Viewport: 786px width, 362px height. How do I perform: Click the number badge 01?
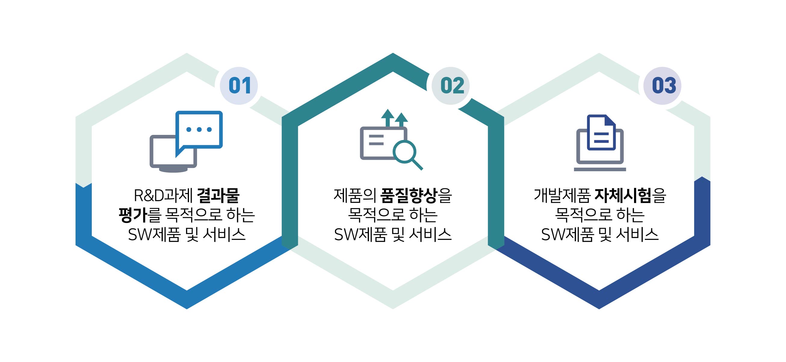click(239, 86)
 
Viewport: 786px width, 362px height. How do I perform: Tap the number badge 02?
click(451, 86)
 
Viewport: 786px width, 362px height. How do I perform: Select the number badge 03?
click(662, 86)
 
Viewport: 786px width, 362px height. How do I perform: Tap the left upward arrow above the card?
click(388, 118)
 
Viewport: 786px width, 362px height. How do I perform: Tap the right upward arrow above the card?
click(401, 120)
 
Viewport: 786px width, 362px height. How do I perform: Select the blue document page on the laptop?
click(601, 132)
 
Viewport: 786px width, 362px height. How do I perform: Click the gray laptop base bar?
click(600, 169)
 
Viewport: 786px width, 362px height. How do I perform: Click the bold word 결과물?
click(218, 196)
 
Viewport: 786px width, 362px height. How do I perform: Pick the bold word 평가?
click(133, 215)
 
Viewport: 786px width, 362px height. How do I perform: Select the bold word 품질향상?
click(409, 196)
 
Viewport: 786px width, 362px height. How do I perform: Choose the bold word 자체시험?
click(623, 196)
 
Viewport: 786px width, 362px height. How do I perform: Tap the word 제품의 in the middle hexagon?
click(355, 196)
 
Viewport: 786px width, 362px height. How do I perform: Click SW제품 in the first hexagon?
click(154, 235)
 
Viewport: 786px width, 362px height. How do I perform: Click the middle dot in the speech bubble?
click(199, 129)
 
